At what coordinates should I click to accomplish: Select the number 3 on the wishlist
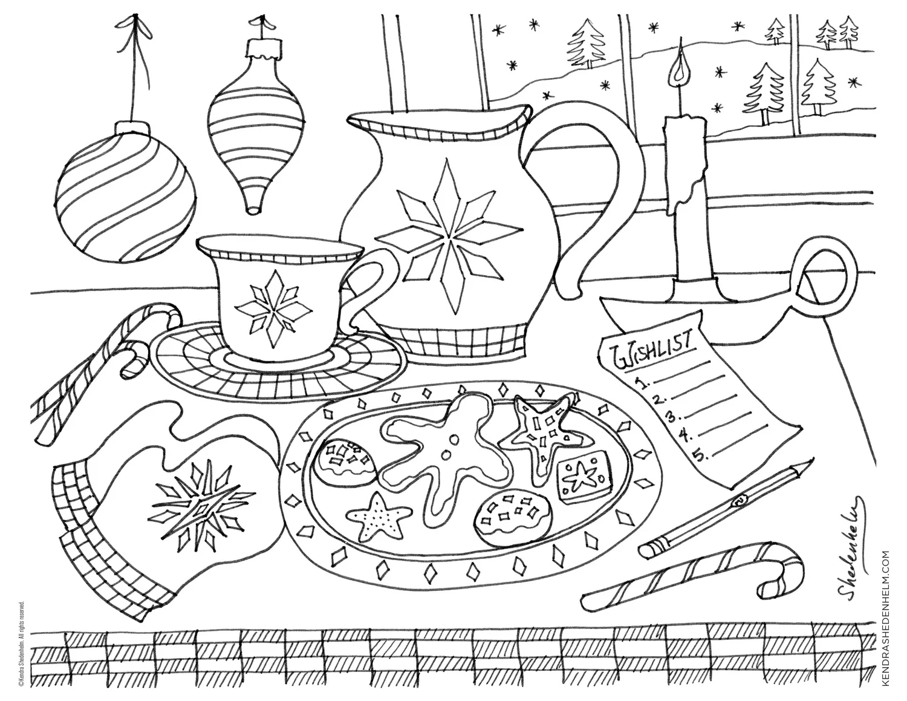pos(671,416)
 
